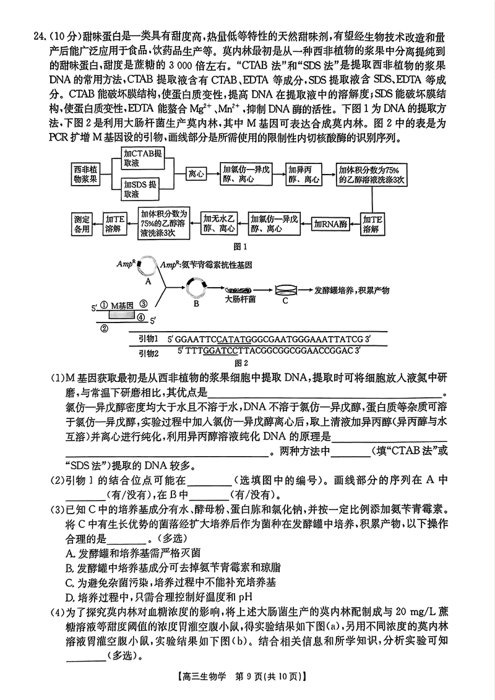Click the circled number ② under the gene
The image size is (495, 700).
(104, 328)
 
